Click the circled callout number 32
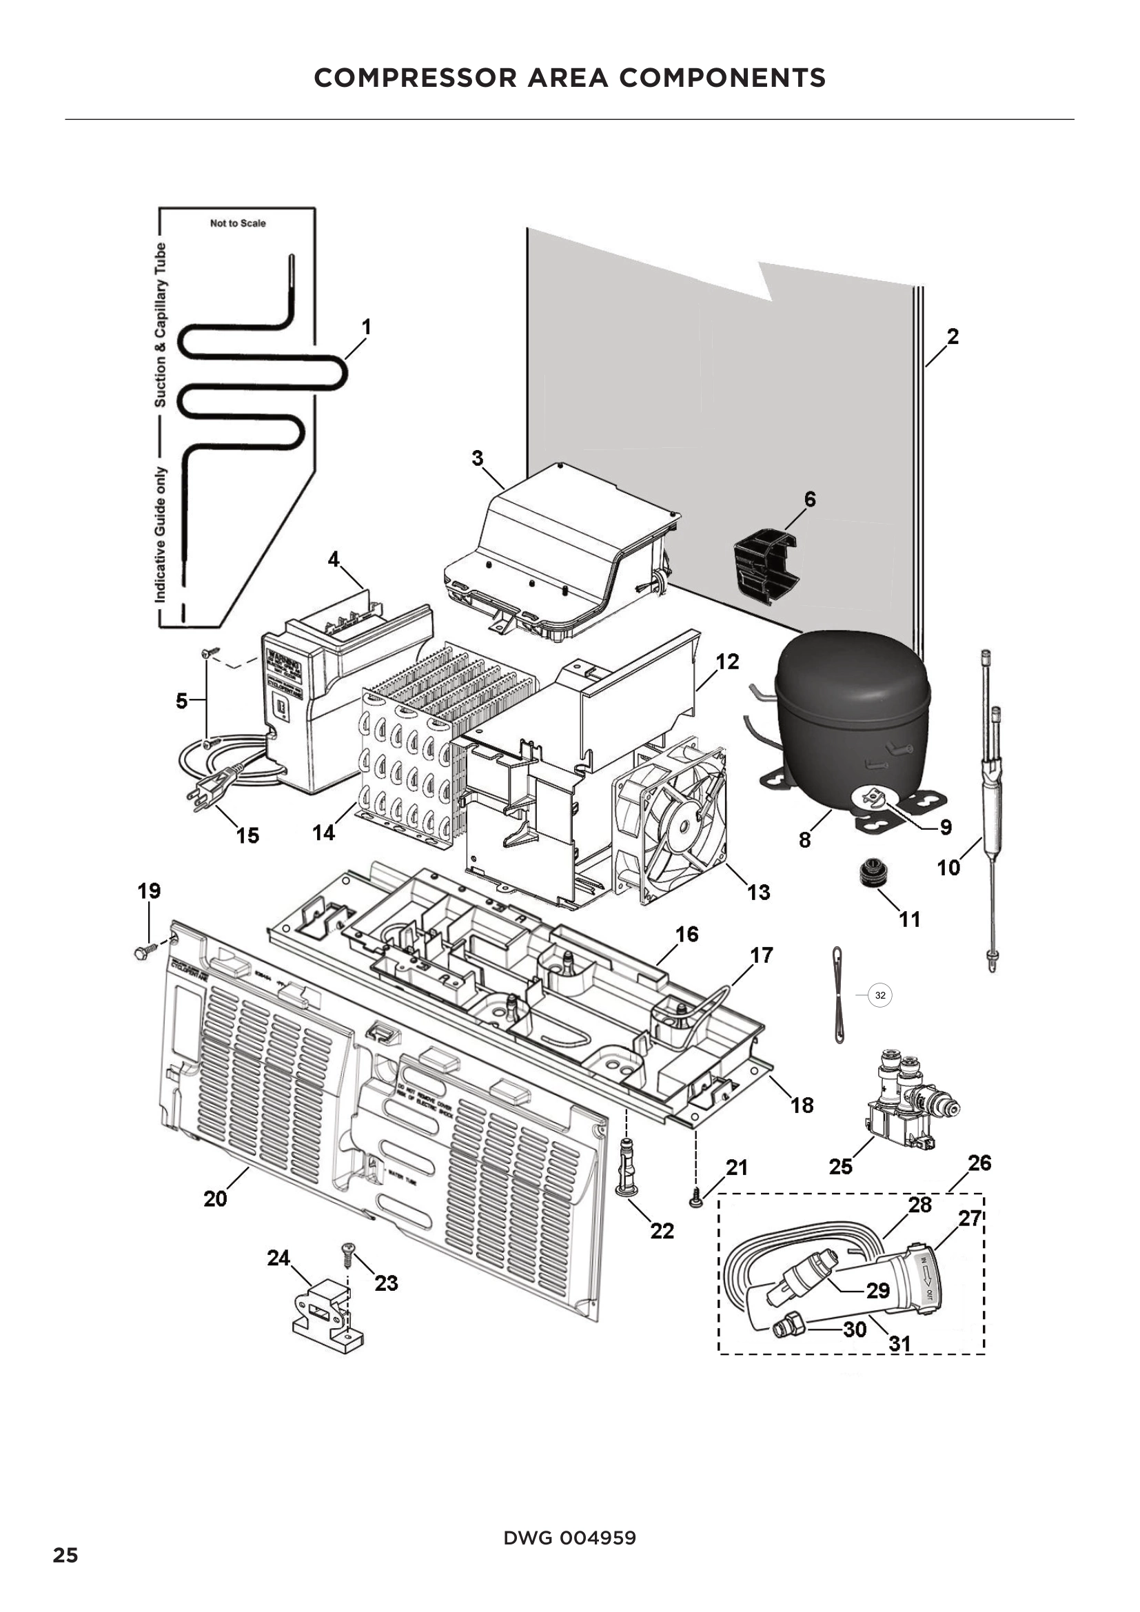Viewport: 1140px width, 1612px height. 879,995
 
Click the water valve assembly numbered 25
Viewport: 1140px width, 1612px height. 904,1099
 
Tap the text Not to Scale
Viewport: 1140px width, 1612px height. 238,223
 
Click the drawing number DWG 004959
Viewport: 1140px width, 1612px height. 569,1538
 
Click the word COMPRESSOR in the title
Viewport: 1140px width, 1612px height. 417,78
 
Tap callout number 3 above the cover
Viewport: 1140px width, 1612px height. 478,458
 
